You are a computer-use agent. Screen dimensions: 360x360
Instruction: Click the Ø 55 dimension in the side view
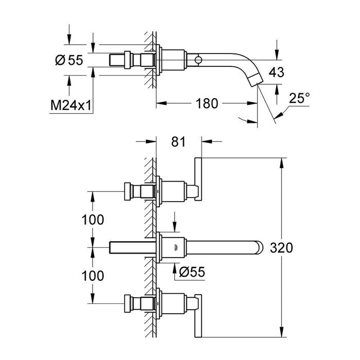(68, 61)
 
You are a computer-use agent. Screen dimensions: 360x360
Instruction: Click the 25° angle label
(299, 97)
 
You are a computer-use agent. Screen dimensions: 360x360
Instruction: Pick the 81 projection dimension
(178, 140)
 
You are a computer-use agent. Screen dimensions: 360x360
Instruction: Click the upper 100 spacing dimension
(93, 220)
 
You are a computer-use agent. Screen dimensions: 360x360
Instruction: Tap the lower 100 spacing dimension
(93, 276)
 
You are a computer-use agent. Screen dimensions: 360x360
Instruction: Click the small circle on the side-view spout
(197, 61)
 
